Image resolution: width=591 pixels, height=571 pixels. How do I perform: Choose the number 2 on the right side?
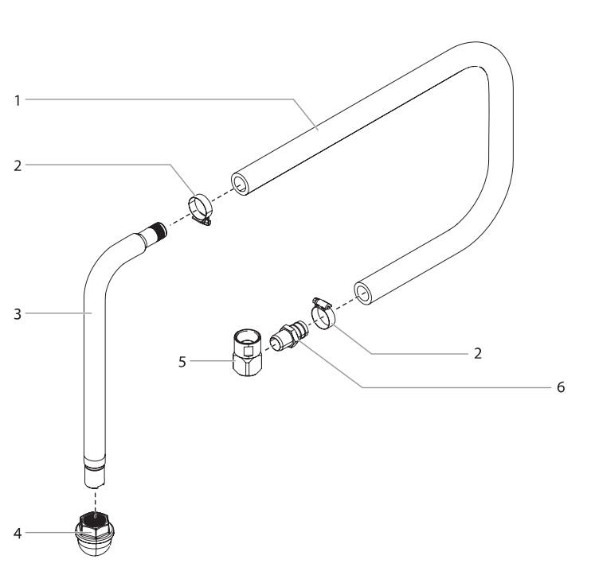coord(477,354)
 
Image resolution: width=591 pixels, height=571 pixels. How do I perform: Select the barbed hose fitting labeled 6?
coord(286,335)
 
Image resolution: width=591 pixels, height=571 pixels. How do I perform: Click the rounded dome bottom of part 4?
coord(97,545)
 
